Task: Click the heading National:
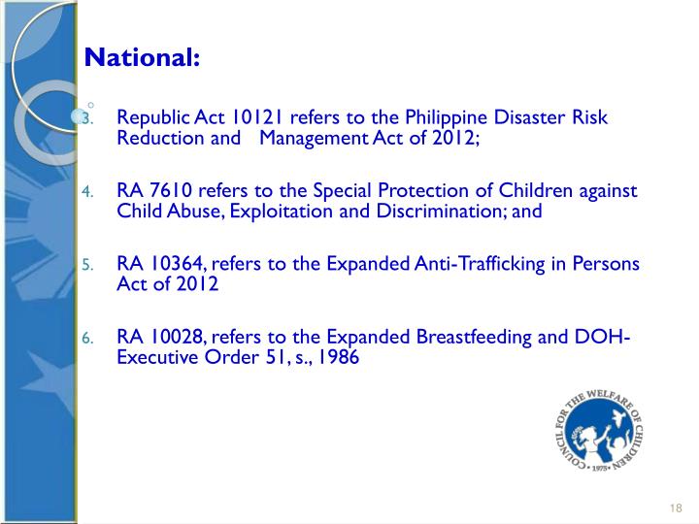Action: (142, 57)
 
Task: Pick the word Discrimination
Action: (432, 211)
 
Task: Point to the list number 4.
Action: (86, 192)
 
